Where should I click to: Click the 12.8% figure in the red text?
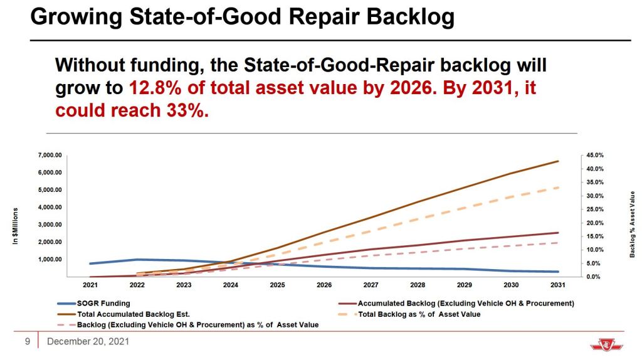click(x=151, y=88)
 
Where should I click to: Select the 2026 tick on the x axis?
click(x=324, y=285)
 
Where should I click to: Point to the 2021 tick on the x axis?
click(x=90, y=285)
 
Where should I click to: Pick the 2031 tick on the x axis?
click(x=558, y=285)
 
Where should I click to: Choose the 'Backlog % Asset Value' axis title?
click(x=633, y=225)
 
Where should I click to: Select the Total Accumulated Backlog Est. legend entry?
click(x=133, y=314)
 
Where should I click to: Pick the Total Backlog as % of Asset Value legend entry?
click(x=419, y=314)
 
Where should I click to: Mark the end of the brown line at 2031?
click(x=558, y=161)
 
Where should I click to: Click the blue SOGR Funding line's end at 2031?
click(x=558, y=272)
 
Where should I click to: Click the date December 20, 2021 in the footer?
click(x=88, y=342)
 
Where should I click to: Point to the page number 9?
click(x=28, y=342)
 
